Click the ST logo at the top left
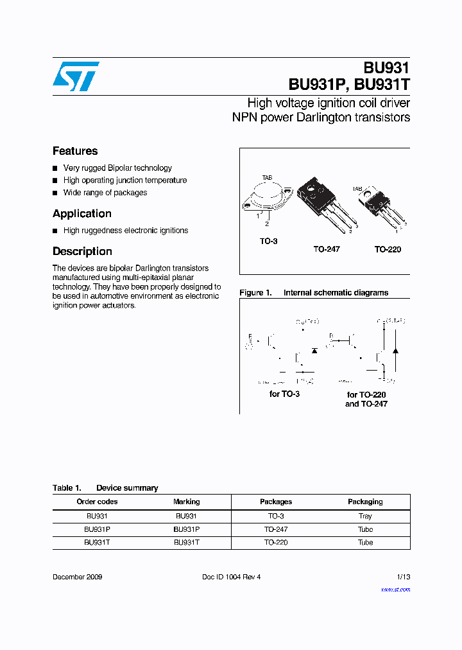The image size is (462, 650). (x=76, y=76)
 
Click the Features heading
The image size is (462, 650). (x=75, y=151)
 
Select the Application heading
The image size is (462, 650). (x=82, y=214)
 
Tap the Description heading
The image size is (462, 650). (x=82, y=252)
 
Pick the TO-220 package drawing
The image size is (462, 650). (x=379, y=206)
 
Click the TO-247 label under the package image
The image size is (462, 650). (x=326, y=249)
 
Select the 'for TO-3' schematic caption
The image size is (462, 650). (x=284, y=394)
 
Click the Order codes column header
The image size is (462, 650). (x=97, y=502)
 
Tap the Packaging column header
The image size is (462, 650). (x=365, y=502)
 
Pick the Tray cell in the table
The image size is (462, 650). (x=365, y=516)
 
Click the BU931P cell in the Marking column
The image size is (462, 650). (x=186, y=529)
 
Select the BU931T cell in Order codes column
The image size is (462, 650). (x=97, y=542)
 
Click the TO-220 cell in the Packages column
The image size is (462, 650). (x=276, y=542)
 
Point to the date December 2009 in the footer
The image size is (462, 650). (x=77, y=577)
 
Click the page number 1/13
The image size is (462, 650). (x=402, y=577)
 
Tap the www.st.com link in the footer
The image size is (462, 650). (x=395, y=589)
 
